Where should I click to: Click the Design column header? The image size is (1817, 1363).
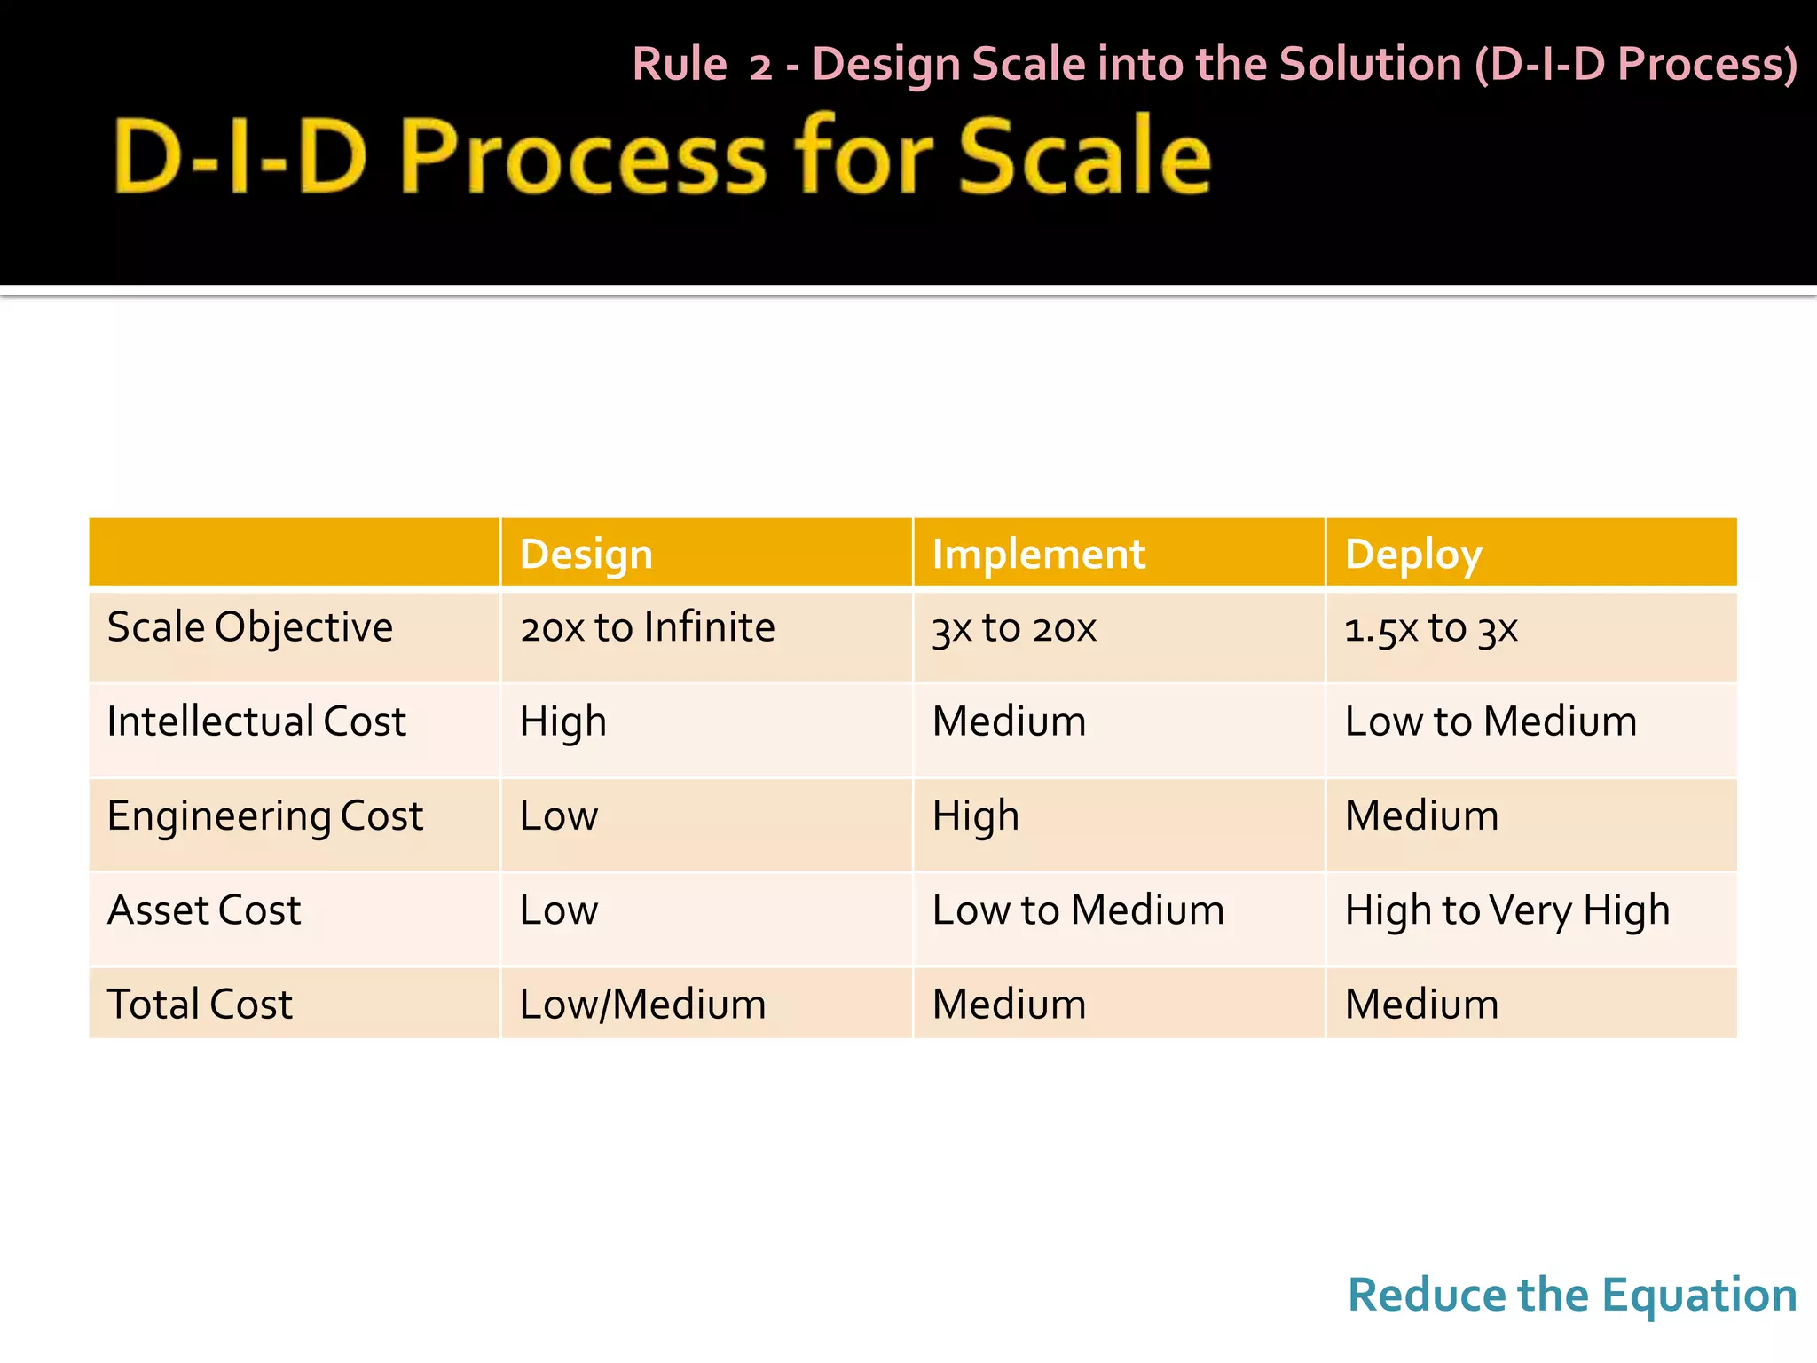coord(586,554)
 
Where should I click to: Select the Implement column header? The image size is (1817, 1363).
coord(1038,554)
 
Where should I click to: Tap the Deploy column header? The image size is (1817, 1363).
coord(1412,554)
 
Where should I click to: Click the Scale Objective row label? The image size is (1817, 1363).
coord(249,627)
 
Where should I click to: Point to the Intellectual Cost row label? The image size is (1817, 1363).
coord(256,721)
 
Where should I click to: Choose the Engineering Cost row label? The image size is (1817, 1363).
coord(264,815)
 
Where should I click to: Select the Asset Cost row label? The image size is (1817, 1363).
coord(204,910)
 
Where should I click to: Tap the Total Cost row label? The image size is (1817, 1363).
coord(200,1005)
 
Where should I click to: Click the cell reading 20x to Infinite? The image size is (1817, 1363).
coord(647,627)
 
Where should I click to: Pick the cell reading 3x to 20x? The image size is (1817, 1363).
coord(1014,628)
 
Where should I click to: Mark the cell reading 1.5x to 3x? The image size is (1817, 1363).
coord(1430,628)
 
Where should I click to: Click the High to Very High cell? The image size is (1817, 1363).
coord(1506,910)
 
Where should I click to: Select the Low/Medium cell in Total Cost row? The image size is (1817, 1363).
coord(642,1005)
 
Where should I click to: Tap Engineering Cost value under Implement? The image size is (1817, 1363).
coord(975,815)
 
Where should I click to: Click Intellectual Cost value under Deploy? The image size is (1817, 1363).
coord(1491,721)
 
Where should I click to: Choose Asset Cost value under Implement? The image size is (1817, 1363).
coord(1078,910)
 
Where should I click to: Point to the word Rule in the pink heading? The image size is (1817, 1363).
coord(680,65)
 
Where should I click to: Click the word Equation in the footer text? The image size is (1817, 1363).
coord(1698,1296)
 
